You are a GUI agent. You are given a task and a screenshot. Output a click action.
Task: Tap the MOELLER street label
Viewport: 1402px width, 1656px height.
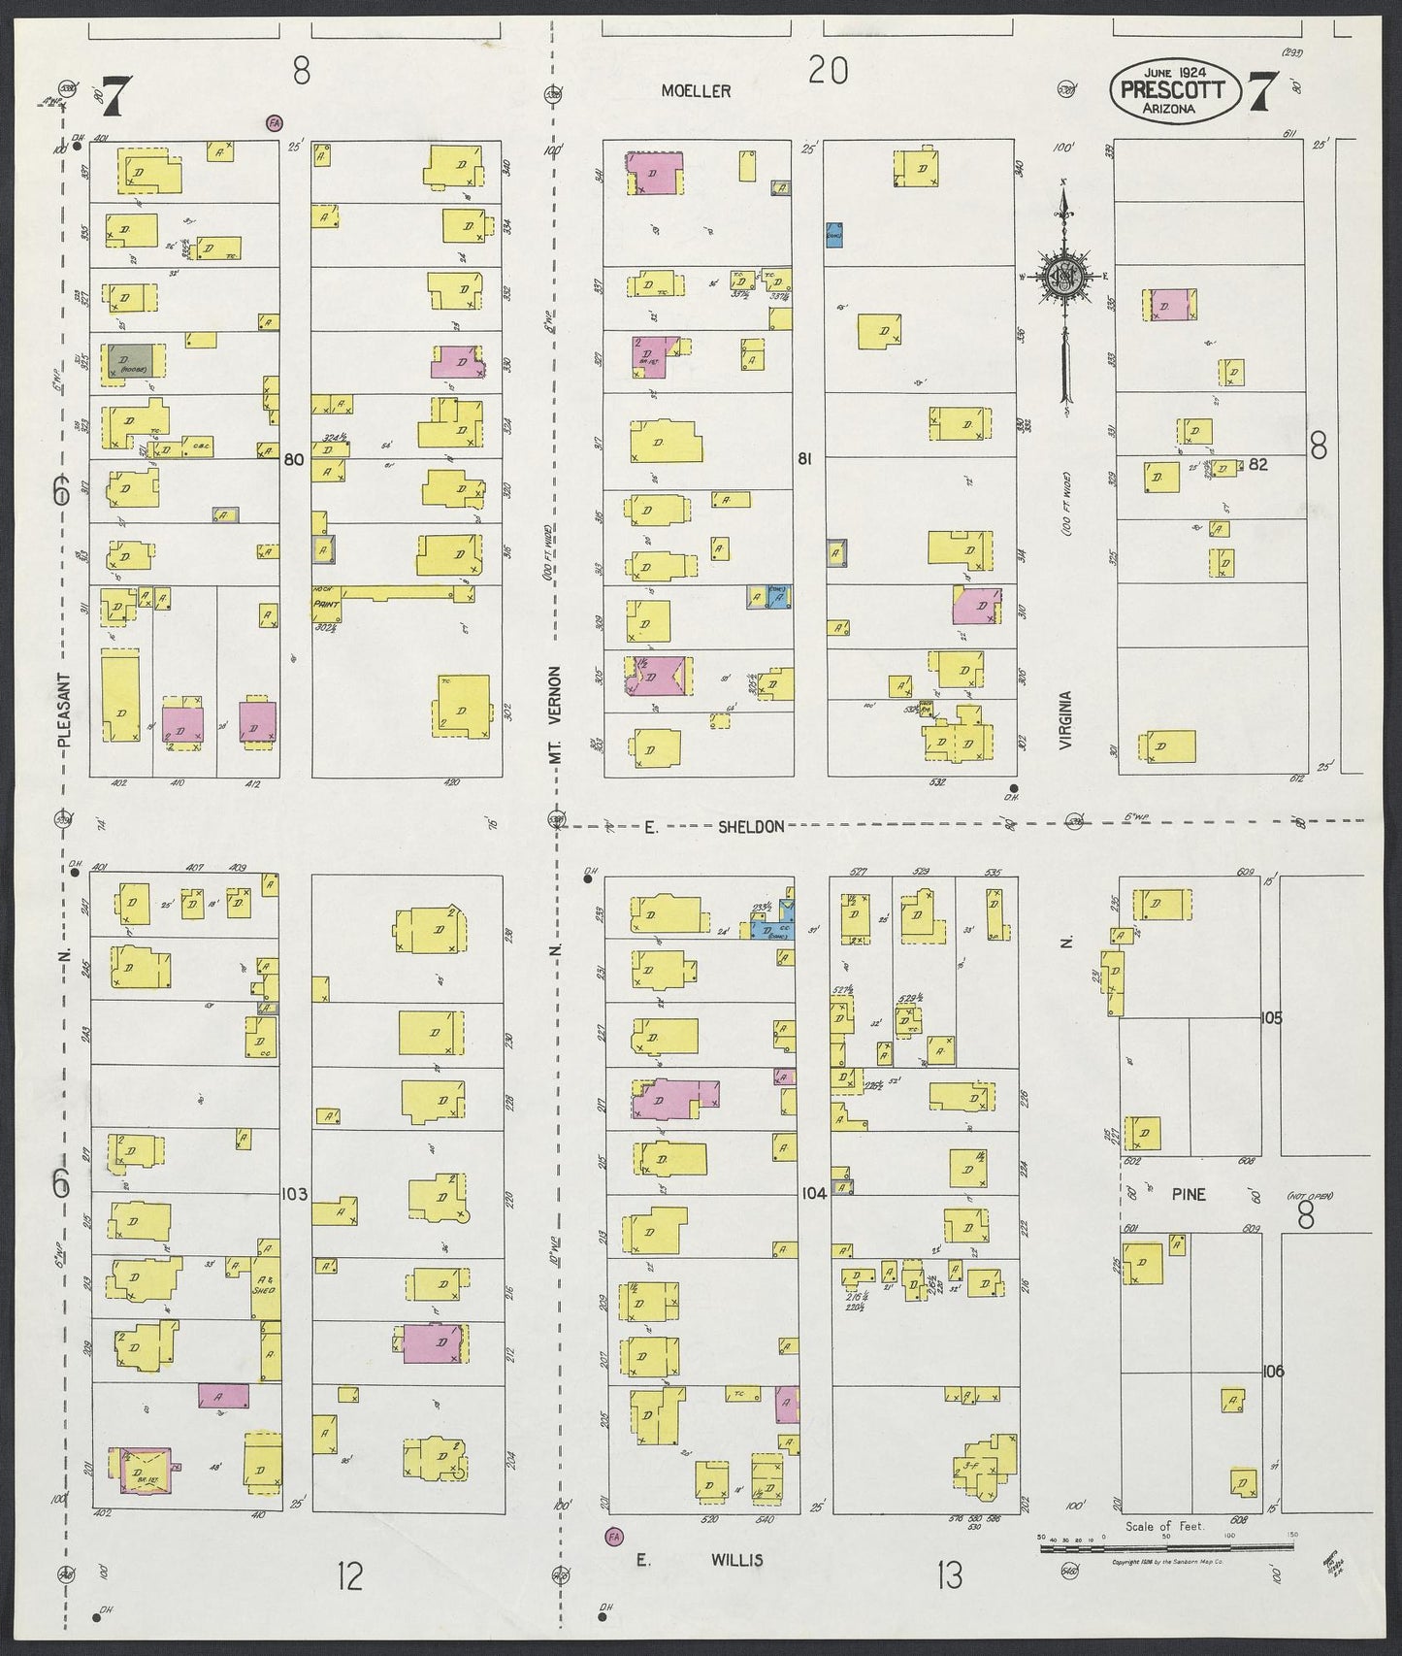coord(696,90)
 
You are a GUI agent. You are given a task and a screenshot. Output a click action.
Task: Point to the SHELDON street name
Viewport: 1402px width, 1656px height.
coord(751,826)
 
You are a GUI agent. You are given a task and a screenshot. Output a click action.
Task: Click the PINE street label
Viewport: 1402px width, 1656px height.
coord(1188,1194)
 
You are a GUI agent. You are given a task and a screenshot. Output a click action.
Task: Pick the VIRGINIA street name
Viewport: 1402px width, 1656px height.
coord(1065,720)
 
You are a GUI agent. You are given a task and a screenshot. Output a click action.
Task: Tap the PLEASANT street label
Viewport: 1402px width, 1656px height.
coord(65,710)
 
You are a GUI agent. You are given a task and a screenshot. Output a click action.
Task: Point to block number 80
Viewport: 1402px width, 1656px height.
coord(294,460)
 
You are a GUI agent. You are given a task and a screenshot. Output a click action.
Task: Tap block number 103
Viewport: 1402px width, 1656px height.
coord(294,1194)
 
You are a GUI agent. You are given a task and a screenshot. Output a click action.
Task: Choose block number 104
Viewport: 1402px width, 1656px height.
coord(814,1194)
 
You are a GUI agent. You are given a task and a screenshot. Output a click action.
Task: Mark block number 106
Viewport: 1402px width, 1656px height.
coord(1272,1372)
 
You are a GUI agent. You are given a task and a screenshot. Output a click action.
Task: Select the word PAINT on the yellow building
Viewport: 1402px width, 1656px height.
coord(324,603)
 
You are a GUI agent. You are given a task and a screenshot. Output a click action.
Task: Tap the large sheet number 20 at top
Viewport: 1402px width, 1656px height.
coord(828,70)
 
